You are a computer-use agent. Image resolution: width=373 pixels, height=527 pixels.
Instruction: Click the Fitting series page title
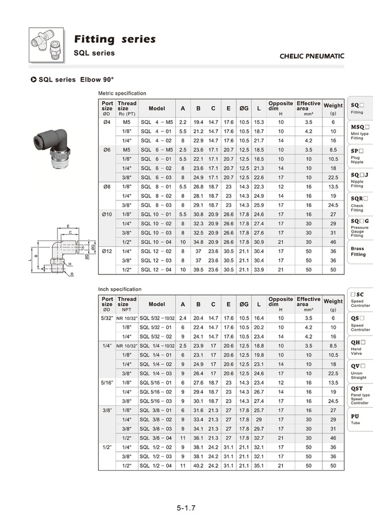pos(114,39)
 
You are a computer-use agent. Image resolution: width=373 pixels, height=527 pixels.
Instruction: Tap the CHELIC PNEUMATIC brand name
pos(312,56)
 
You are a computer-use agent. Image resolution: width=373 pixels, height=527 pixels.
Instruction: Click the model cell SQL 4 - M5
pos(156,122)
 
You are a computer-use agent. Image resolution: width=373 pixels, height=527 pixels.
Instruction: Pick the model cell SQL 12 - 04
pos(156,269)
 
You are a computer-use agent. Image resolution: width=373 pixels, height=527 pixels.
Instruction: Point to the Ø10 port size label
pos(107,214)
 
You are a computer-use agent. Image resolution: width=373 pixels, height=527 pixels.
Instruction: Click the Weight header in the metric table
pos(333,106)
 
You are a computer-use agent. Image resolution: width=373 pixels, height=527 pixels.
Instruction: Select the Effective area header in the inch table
pos(308,301)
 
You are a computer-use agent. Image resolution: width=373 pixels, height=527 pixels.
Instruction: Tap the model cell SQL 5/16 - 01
pos(156,382)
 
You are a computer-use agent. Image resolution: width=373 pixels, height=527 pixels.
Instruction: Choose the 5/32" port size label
pos(107,317)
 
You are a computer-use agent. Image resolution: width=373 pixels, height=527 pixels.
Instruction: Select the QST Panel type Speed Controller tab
pos(360,395)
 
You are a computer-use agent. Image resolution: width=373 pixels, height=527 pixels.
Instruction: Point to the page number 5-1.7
pos(187,508)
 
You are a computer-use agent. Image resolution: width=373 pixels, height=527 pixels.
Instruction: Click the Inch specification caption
pos(119,289)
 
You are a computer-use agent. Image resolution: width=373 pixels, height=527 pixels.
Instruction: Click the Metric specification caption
pos(122,93)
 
